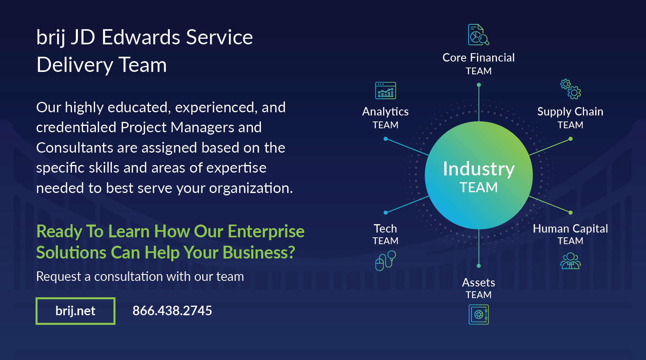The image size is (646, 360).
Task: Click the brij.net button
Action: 76,311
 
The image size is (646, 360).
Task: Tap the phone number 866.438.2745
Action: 172,311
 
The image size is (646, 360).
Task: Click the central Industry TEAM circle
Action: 479,175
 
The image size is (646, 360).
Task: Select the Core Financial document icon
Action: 479,35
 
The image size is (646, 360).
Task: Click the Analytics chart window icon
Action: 386,91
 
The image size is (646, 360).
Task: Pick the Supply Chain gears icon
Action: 570,89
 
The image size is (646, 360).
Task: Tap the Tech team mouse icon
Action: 386,261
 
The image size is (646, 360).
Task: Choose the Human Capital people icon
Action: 570,261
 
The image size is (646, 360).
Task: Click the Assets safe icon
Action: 479,314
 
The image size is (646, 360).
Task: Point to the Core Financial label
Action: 479,58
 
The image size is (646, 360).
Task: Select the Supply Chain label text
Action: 570,112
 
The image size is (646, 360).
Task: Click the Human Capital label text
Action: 570,229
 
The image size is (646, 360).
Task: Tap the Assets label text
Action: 479,283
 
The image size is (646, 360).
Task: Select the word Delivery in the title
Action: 75,65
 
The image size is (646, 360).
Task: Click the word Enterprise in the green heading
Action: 266,232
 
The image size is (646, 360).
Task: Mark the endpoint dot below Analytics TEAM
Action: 386,139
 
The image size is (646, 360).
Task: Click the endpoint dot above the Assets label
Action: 479,266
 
